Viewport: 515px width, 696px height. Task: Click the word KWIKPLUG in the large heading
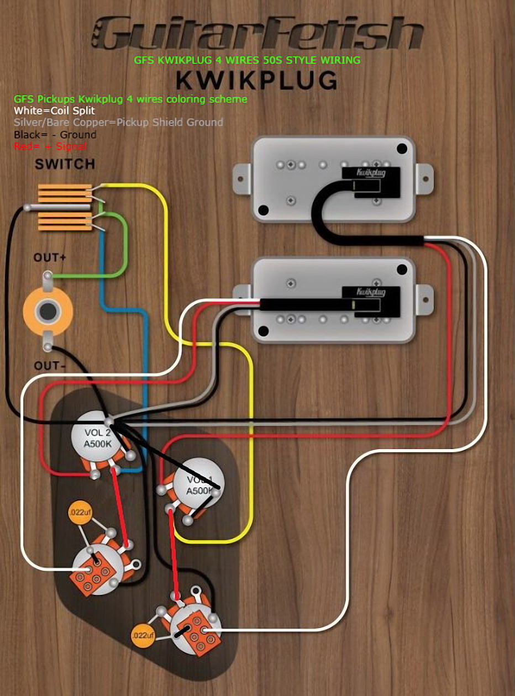(x=257, y=80)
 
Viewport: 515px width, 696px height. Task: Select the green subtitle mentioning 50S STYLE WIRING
(x=247, y=60)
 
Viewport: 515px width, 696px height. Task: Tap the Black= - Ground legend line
(x=55, y=134)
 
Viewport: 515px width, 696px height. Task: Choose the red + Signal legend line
(x=50, y=146)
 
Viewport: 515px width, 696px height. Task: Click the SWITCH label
(x=65, y=164)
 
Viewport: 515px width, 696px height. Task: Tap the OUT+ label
(x=49, y=257)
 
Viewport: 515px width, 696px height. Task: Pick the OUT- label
(x=49, y=366)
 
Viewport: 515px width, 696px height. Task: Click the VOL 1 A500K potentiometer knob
(x=198, y=486)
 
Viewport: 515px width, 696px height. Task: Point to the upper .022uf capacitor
(x=80, y=513)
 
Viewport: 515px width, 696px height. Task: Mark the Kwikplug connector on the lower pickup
(x=371, y=293)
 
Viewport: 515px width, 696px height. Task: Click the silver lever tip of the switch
(x=28, y=209)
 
